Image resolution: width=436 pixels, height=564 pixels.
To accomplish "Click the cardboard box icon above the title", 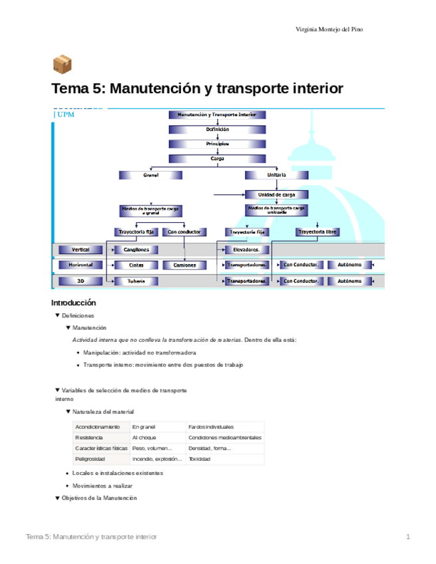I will pos(62,65).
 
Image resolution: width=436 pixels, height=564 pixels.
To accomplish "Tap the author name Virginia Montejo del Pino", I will pos(330,29).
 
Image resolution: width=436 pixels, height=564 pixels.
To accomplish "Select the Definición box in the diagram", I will pos(217,129).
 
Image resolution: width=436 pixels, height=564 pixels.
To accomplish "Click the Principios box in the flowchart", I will pos(217,143).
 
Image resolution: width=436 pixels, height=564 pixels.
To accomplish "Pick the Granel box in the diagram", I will pos(150,175).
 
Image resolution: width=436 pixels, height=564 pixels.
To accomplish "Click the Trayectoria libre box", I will pos(318,232).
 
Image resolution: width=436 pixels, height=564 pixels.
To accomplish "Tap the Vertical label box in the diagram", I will pos(80,249).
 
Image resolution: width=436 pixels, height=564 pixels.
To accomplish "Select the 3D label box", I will pos(80,281).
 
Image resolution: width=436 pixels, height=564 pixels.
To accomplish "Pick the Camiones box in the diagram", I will pos(184,265).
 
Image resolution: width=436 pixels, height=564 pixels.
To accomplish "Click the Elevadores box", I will pos(247,249).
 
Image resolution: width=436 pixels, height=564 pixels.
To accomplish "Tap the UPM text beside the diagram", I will pos(66,114).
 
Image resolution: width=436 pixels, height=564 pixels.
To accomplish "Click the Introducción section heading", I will pos(79,303).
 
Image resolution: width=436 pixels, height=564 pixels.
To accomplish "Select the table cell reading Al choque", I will pos(144,438).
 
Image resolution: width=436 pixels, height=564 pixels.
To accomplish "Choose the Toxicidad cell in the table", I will pos(200,459).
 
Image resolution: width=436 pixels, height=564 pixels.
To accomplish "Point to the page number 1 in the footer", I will pos(408,537).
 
